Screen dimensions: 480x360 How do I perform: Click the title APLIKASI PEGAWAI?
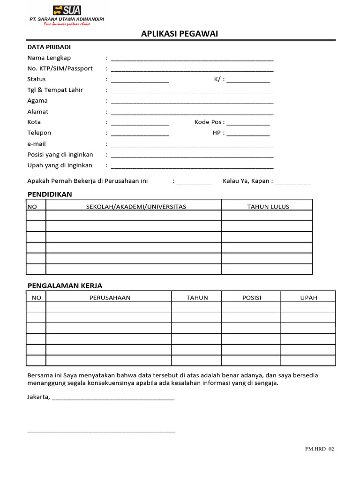180,34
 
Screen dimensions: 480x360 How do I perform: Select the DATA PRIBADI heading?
49,47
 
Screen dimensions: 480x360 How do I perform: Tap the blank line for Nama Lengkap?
192,60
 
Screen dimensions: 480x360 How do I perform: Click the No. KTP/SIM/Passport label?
60,68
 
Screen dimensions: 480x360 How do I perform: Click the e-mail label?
37,144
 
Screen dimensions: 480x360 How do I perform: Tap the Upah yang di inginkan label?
60,165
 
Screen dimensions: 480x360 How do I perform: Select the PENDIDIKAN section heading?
50,194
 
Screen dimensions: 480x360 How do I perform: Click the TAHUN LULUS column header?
268,207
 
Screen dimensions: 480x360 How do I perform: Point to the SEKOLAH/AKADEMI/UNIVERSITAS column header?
136,207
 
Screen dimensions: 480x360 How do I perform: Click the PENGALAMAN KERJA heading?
65,285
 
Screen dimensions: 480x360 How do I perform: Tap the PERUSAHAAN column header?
110,298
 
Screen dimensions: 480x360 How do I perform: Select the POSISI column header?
251,298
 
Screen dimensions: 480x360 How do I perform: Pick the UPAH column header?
308,298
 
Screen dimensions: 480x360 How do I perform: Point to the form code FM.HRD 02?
320,449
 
